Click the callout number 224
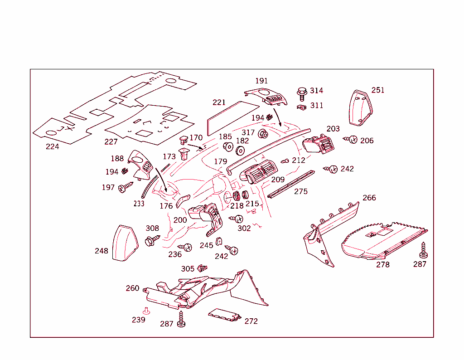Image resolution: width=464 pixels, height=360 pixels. coord(52,146)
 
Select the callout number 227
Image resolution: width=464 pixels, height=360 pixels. coord(111,141)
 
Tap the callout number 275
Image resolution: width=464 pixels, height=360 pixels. coord(300,191)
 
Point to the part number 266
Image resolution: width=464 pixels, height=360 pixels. coord(369,198)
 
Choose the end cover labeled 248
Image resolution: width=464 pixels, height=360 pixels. coord(125,243)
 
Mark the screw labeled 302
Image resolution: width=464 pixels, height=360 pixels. coord(237,219)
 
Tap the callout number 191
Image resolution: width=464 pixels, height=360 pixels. coord(261,81)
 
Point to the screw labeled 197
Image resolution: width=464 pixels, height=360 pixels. coord(125,187)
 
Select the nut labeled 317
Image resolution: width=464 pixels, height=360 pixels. coord(262,134)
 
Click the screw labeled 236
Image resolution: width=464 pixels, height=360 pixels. coord(186,247)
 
